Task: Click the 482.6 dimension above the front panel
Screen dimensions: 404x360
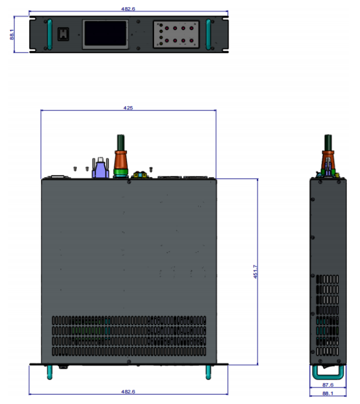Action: pos(128,9)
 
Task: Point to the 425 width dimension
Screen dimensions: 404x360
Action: pos(128,108)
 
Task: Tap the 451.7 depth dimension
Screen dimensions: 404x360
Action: pos(255,271)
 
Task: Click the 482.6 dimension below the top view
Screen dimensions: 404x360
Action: pos(128,391)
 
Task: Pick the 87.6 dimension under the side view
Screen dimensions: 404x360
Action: pos(328,385)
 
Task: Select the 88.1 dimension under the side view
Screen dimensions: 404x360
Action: pos(328,393)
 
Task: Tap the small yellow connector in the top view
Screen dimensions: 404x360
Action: pos(138,175)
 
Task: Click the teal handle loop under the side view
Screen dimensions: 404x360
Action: pos(328,374)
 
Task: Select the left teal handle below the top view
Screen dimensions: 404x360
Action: pos(48,372)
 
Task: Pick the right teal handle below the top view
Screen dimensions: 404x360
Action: pos(208,372)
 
